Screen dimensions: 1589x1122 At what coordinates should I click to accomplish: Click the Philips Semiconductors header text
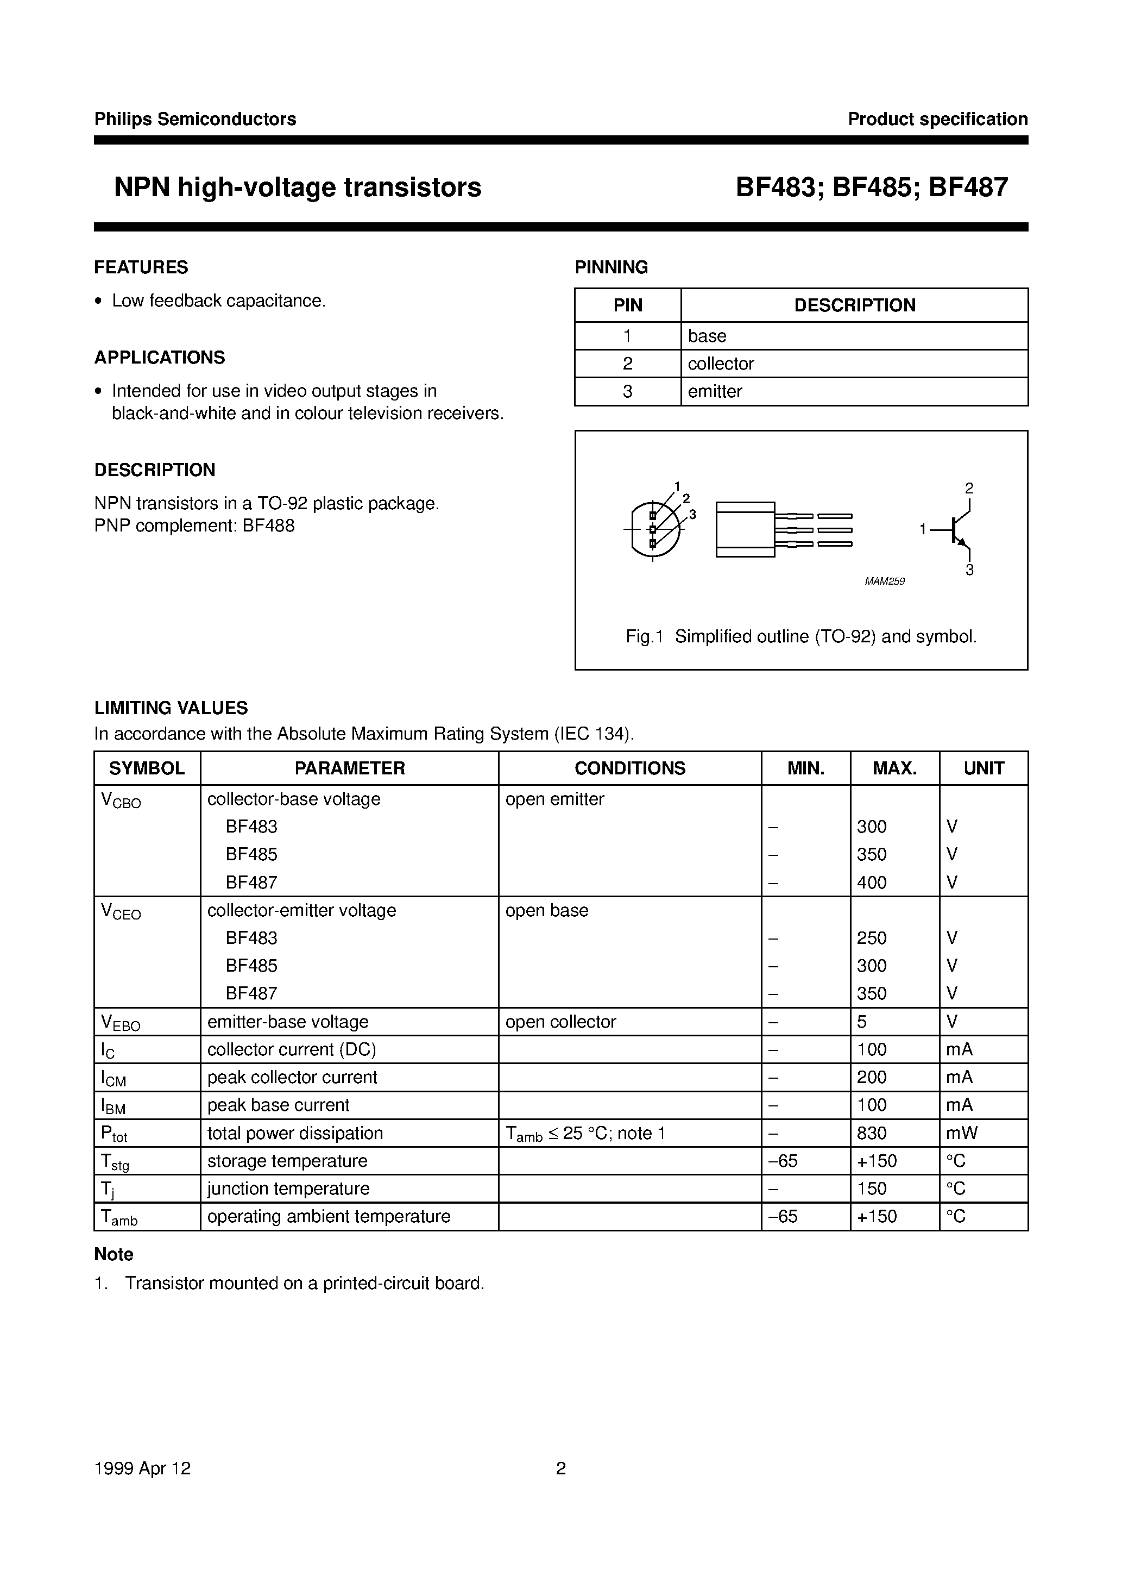[x=195, y=119]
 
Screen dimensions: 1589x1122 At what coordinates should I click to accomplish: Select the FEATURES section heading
[x=141, y=267]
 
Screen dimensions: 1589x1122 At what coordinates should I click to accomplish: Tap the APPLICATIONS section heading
[x=160, y=357]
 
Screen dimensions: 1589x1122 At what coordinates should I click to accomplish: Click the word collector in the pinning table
[x=721, y=364]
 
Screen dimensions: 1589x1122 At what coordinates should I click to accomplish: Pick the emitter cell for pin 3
[x=715, y=391]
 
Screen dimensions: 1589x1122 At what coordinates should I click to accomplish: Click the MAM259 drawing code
[x=885, y=581]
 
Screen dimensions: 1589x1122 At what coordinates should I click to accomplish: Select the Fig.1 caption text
[x=801, y=636]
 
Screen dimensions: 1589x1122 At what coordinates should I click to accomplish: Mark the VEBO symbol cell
[x=121, y=1022]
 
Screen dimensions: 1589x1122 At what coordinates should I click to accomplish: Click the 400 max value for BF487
[x=872, y=883]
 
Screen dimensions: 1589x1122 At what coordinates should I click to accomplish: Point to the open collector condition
[x=560, y=1022]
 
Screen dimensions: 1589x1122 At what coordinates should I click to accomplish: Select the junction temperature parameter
[x=288, y=1188]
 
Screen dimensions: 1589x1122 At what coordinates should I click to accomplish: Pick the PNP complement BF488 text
[x=194, y=526]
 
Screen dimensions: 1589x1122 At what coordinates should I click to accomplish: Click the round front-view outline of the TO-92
[x=654, y=529]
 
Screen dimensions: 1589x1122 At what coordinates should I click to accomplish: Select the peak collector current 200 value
[x=872, y=1077]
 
